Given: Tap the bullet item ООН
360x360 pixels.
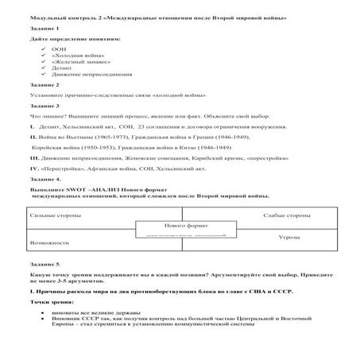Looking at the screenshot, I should (x=57, y=48).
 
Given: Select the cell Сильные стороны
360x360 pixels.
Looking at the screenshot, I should (x=52, y=215).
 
